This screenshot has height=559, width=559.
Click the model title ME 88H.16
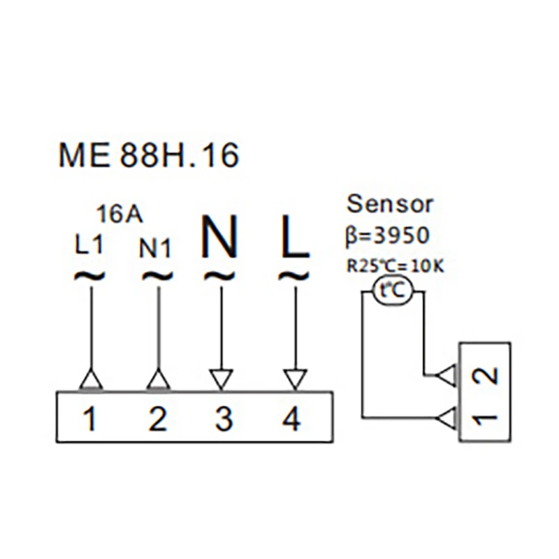coord(148,155)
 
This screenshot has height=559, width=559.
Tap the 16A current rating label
coord(119,215)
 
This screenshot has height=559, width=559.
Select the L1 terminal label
coord(89,245)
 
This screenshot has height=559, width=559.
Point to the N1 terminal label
coord(155,248)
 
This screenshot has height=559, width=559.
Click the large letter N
coord(219,235)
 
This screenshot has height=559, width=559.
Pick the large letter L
coord(295,236)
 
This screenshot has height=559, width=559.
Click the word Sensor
coord(390,204)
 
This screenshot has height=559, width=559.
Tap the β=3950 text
coord(387,235)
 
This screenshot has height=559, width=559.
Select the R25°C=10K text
coord(395,266)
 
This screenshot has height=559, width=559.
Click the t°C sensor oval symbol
coord(393,291)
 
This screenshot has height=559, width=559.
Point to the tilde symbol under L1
coord(89,276)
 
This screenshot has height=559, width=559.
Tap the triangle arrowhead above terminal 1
coord(91,380)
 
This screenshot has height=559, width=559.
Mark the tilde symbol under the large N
coord(219,276)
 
